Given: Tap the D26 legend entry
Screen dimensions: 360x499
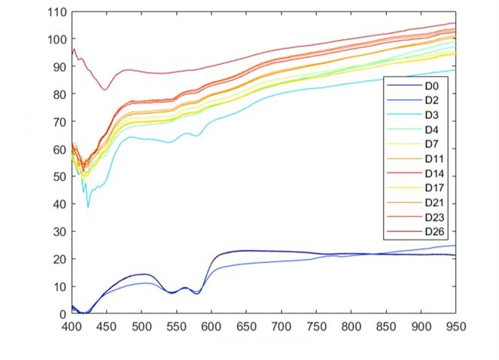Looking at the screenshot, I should (x=434, y=230).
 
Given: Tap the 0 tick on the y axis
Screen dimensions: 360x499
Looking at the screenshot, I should (x=62, y=314).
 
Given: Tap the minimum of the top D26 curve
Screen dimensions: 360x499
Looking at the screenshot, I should (x=105, y=90).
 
